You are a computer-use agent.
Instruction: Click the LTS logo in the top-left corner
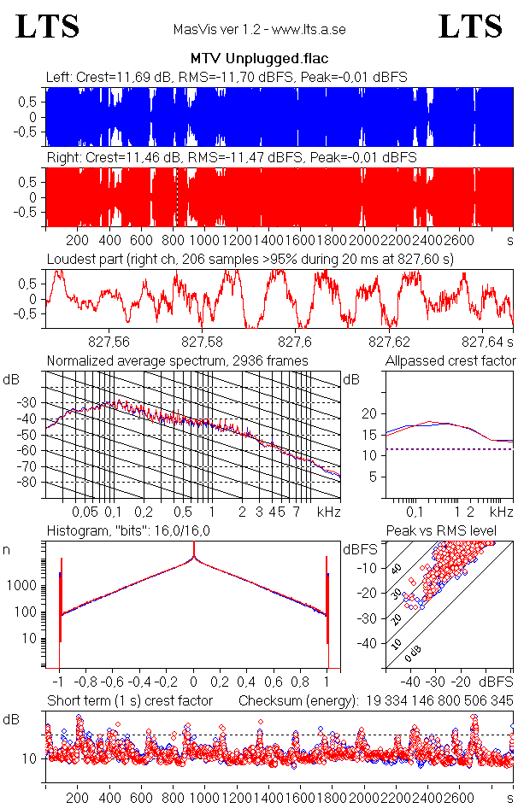point(48,27)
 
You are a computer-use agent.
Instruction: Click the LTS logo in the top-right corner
point(469,27)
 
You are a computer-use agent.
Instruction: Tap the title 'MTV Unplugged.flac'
point(259,61)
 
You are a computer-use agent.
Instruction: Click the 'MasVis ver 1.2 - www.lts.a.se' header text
point(259,30)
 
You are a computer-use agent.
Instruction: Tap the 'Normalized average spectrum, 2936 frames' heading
point(177,360)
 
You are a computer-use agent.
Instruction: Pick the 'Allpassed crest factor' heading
point(450,360)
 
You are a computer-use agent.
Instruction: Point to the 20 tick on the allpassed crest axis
point(368,413)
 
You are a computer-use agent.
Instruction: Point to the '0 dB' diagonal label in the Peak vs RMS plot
point(413,653)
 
